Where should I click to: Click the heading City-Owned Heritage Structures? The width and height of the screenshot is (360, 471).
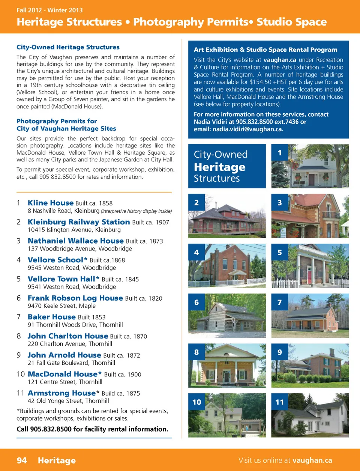click(68, 47)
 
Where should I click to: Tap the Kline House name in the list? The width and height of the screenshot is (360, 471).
click(51, 203)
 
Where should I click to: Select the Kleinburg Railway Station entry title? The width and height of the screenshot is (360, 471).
click(79, 222)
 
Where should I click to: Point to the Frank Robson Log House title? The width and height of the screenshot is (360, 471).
click(75, 298)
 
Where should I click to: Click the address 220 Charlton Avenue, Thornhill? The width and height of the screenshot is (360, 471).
click(70, 344)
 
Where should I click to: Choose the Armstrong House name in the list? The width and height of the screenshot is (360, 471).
click(62, 393)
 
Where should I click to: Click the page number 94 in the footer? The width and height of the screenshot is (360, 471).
click(22, 460)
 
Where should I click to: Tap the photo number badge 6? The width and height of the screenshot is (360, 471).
click(196, 302)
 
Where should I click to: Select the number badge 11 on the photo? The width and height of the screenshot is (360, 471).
click(280, 402)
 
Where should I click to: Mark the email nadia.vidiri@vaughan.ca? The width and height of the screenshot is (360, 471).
click(248, 129)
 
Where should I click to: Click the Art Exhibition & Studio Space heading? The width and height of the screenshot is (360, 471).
click(265, 50)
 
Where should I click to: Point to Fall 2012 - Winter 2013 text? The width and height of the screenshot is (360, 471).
click(49, 10)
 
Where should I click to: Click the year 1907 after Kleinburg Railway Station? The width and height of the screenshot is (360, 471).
click(162, 223)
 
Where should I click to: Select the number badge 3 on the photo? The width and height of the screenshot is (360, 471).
click(280, 203)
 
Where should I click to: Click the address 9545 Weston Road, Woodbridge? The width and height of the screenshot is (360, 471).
click(72, 268)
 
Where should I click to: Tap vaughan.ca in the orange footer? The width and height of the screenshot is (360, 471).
click(312, 460)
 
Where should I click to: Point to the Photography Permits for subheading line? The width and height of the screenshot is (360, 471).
click(57, 121)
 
